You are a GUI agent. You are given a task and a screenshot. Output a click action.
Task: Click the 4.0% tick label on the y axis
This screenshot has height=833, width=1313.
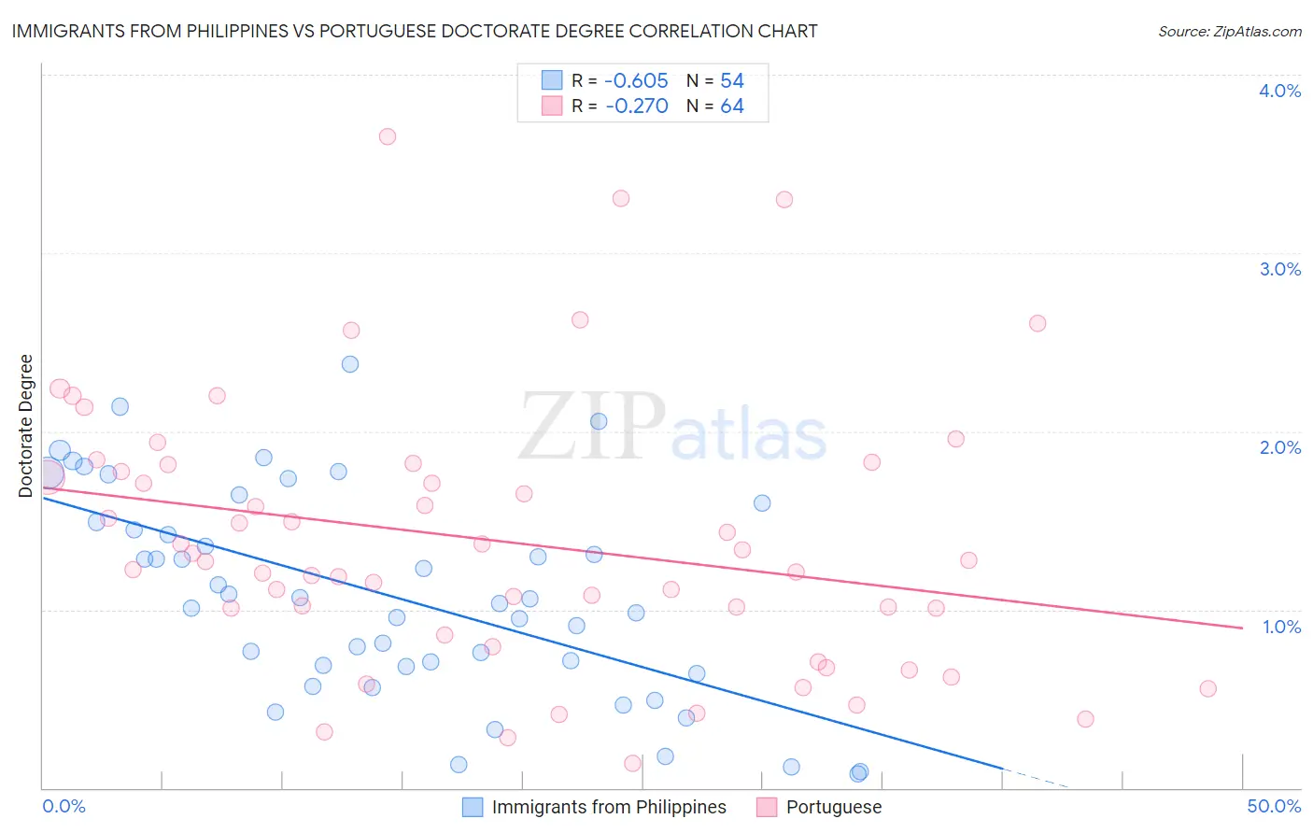coord(1279,91)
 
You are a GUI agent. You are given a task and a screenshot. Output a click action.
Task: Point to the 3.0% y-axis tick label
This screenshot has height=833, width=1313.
coord(1279,269)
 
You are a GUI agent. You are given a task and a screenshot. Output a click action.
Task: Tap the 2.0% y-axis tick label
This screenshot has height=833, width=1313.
coord(1279,447)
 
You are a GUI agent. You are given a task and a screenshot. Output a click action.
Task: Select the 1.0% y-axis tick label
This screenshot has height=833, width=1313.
coord(1281,627)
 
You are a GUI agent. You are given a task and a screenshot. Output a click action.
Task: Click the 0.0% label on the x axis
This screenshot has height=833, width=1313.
coord(64,806)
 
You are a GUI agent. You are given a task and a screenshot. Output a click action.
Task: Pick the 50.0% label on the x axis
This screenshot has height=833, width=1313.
coord(1274,806)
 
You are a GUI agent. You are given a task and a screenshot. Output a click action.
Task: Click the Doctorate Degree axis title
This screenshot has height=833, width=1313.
coord(25,426)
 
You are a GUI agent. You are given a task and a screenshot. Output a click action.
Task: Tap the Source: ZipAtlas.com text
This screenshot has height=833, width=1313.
coord(1229,32)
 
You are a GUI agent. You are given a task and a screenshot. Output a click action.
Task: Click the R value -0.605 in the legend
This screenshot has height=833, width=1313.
coord(636,81)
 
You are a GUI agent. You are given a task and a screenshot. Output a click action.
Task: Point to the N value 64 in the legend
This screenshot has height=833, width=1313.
coord(732,106)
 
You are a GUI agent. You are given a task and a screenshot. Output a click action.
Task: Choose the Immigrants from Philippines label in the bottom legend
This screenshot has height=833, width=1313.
coord(609,807)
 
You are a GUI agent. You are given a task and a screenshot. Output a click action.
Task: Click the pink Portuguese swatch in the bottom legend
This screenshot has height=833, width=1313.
coord(767,807)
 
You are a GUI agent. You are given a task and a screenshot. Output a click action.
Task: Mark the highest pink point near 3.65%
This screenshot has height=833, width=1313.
coord(388,136)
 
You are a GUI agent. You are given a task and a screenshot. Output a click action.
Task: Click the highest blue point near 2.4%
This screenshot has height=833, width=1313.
coord(350,364)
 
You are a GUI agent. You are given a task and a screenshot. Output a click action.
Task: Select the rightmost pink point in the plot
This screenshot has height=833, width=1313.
coord(1207,689)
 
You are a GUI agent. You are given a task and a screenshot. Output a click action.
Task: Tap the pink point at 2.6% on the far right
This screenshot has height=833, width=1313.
coord(1038,323)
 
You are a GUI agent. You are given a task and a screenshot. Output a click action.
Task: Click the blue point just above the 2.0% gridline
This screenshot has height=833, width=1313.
coord(599,421)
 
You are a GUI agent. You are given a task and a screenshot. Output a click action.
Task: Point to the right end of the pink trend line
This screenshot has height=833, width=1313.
coord(1242,628)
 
